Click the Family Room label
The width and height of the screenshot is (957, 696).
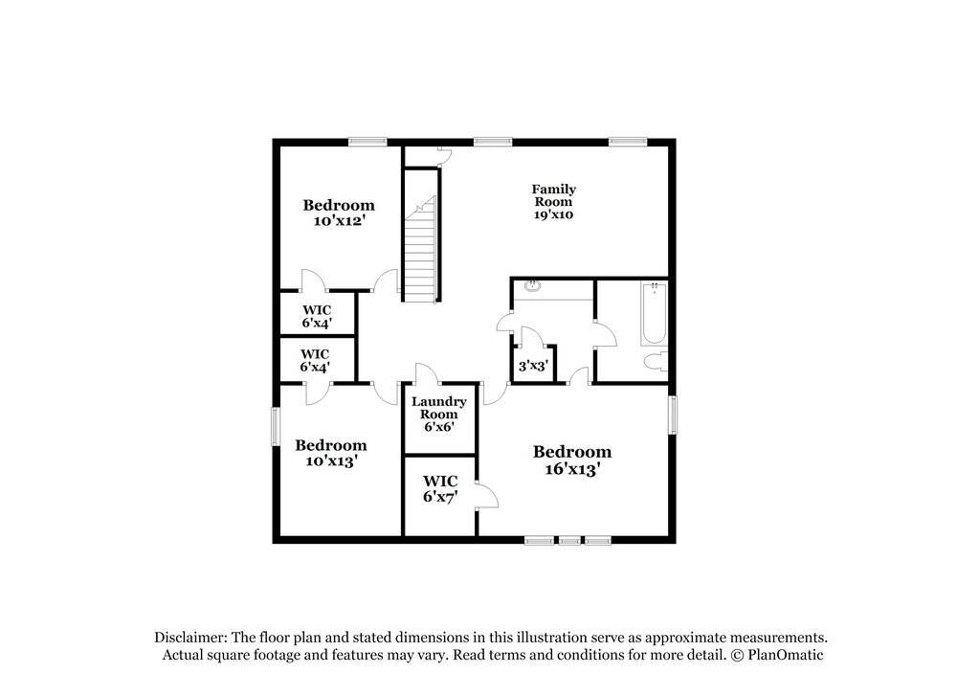pyautogui.click(x=553, y=202)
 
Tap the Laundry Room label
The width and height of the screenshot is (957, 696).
pyautogui.click(x=439, y=414)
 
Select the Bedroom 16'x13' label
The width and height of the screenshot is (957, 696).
pyautogui.click(x=572, y=460)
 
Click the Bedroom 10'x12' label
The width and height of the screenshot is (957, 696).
pyautogui.click(x=339, y=213)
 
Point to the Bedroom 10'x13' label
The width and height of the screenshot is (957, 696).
pyautogui.click(x=330, y=453)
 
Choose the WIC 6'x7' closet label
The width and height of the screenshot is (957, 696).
pyautogui.click(x=440, y=488)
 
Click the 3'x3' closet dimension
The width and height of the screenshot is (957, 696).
pyautogui.click(x=531, y=366)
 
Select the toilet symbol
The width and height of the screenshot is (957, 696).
pyautogui.click(x=656, y=362)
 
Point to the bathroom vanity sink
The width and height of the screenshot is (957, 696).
pyautogui.click(x=532, y=286)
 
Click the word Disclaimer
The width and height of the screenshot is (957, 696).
pyautogui.click(x=189, y=638)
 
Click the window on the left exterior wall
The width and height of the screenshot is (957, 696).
pyautogui.click(x=275, y=427)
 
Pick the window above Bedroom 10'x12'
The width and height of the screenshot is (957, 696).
pyautogui.click(x=367, y=143)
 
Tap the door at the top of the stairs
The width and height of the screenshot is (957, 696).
pyautogui.click(x=442, y=155)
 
